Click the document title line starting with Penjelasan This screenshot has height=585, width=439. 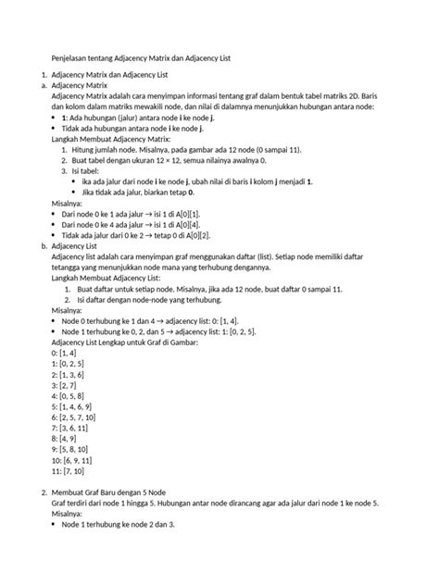(x=139, y=58)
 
